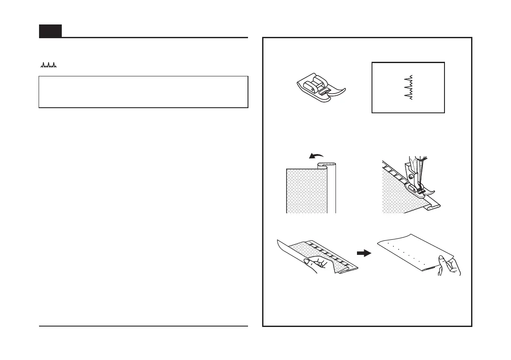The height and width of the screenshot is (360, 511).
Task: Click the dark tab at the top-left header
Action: coord(50,31)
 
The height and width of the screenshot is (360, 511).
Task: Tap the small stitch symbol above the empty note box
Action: coord(48,66)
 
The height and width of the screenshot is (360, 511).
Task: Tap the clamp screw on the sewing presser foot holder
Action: coord(411,176)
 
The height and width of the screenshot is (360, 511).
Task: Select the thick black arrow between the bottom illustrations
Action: coord(364,253)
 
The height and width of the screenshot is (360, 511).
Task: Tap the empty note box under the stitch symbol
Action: coord(143,92)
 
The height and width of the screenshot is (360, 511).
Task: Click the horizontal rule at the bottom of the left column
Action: coord(143,326)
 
